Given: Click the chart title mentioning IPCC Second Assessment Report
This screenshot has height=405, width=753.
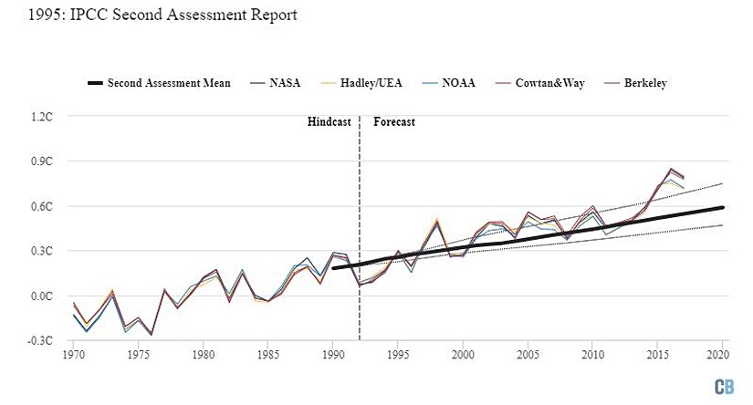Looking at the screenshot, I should [149, 16].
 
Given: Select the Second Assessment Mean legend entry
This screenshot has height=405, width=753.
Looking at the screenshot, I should [159, 83].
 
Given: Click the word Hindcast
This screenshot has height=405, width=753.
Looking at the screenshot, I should [329, 121].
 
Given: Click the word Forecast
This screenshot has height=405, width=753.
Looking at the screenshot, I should [394, 121].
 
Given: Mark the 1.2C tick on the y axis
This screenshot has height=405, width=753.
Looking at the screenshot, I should [44, 117].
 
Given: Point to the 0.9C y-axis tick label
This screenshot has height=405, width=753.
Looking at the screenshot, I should [44, 161].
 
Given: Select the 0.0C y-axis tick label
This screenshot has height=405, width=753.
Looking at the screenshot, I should [44, 296].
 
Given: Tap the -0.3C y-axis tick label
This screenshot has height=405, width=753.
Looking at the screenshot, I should [43, 341].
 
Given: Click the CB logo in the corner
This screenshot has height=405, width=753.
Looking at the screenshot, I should [726, 386].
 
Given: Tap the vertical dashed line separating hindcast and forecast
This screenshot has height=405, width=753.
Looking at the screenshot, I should [360, 228].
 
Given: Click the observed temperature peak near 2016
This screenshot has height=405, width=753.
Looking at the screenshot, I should [672, 170].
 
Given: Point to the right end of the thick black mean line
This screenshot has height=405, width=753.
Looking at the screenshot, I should [724, 207].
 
